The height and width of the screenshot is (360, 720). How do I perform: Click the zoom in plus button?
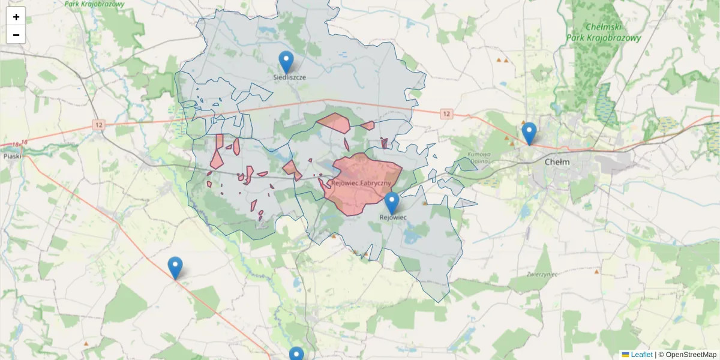point(16,17)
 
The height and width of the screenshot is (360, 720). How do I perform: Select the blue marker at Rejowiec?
point(392,203)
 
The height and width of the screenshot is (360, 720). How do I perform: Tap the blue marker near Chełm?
point(529,133)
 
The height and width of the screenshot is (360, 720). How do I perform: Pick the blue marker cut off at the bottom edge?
point(296,354)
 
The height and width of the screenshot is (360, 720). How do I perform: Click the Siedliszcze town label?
point(290,77)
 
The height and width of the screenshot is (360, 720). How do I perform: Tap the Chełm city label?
point(557,162)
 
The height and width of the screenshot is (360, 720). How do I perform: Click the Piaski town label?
point(12,156)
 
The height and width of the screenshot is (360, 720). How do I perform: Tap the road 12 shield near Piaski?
point(99,124)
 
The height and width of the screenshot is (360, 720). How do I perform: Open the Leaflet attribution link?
point(641,355)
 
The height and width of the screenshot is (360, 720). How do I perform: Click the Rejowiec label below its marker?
point(394,217)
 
